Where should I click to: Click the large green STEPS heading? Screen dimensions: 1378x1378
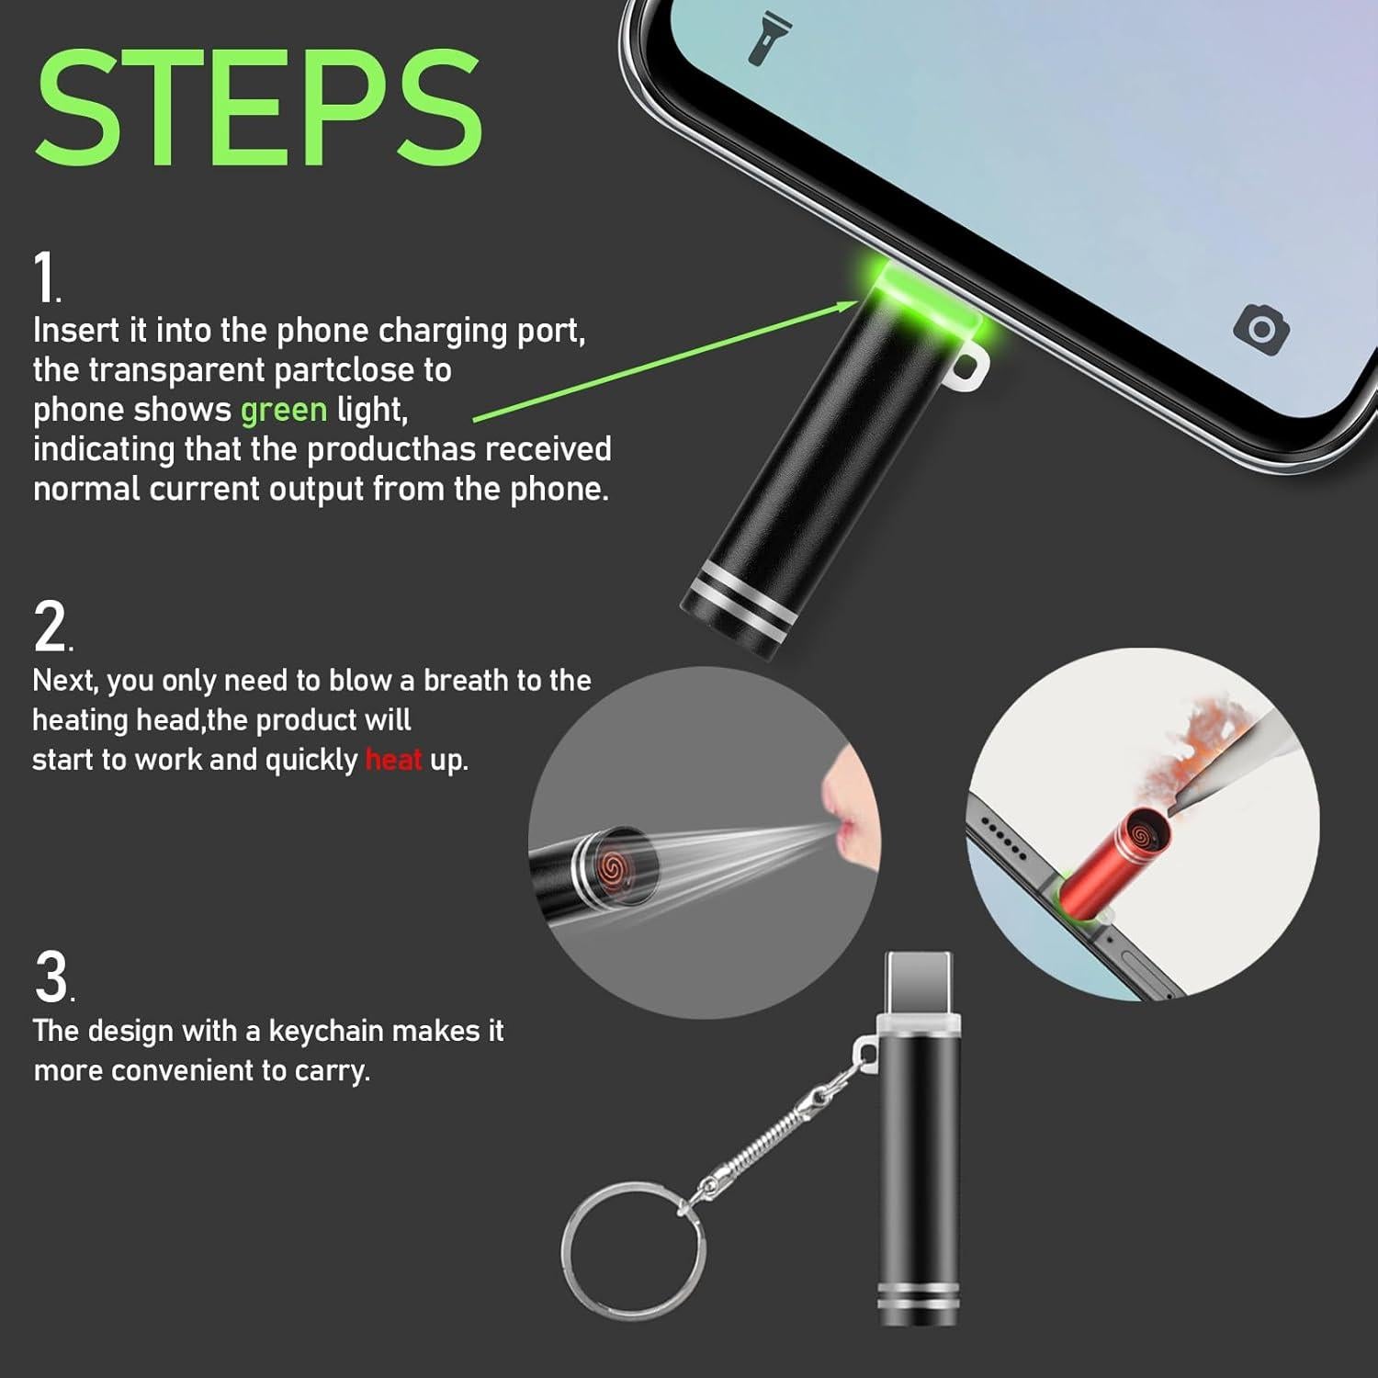pyautogui.click(x=259, y=107)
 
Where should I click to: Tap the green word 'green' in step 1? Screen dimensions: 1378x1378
pyautogui.click(x=283, y=410)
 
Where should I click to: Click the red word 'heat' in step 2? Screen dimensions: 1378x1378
pyautogui.click(x=393, y=760)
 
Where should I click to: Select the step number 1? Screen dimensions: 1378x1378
pyautogui.click(x=44, y=277)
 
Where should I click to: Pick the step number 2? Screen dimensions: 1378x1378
pyautogui.click(x=51, y=627)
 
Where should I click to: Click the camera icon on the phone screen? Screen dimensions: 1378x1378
pyautogui.click(x=1261, y=327)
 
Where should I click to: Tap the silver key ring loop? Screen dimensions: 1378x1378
pyautogui.click(x=634, y=1250)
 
